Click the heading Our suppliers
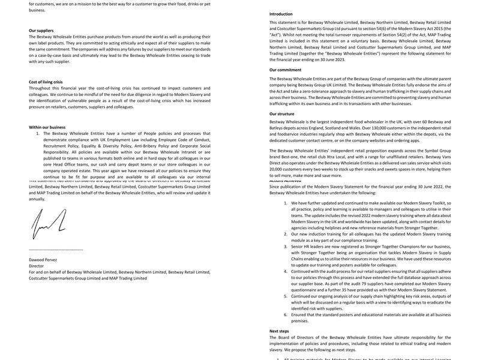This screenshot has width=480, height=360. tap(41, 30)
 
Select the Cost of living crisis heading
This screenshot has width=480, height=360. tap(46, 82)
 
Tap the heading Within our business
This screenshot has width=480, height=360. tap(47, 127)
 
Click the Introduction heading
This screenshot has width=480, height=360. tap(281, 14)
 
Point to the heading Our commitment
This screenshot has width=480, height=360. tap(285, 70)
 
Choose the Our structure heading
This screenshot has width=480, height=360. tap(281, 113)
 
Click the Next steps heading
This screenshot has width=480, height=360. tap(279, 331)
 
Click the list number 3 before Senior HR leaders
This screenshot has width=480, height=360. tap(286, 246)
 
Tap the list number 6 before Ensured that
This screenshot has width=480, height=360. tap(286, 314)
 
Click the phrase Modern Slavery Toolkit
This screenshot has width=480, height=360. tap(414, 203)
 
